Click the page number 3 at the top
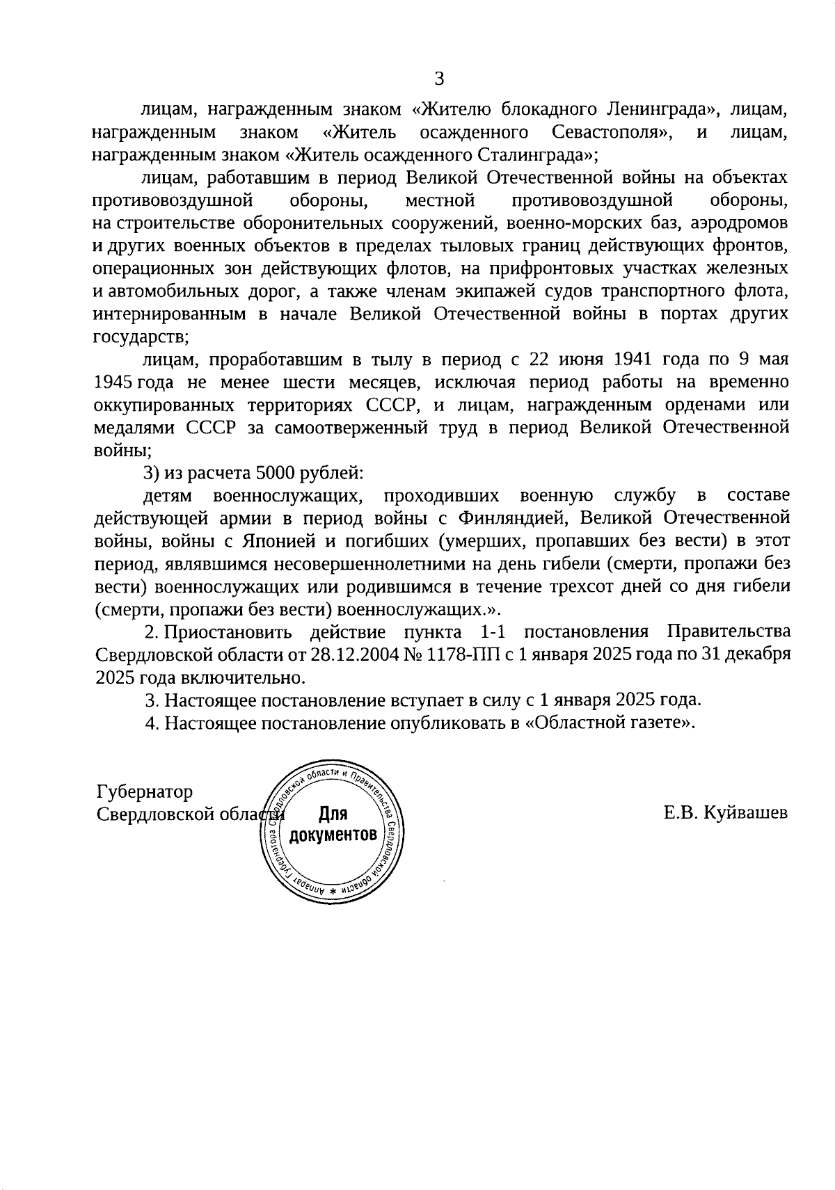(x=438, y=79)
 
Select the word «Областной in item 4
(x=572, y=723)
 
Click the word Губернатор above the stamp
(x=145, y=791)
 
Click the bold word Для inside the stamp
(x=333, y=813)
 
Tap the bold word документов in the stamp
(x=334, y=834)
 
